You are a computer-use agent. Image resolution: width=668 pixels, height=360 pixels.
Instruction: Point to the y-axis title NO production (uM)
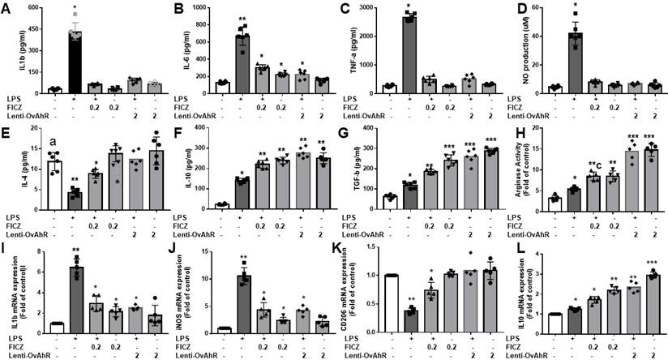tap(512, 49)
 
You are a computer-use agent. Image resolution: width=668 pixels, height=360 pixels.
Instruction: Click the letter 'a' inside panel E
tap(32, 144)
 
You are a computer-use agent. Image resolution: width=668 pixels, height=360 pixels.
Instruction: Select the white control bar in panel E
tap(32, 182)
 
